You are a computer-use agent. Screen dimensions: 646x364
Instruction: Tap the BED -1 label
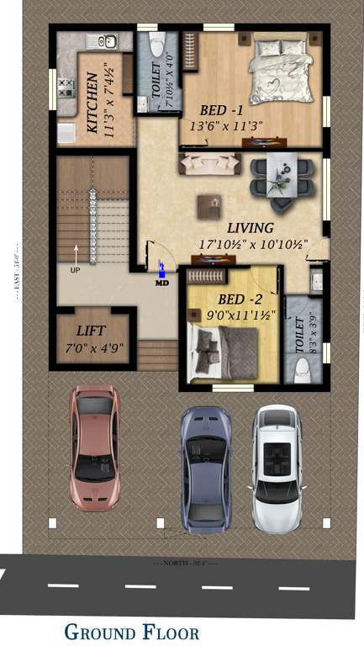222,110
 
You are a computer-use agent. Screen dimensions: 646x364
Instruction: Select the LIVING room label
250,228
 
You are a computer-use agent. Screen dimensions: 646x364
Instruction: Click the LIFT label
92,331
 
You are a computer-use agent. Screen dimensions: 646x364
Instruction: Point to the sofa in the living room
200,163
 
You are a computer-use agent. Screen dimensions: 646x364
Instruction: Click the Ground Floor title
131,632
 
